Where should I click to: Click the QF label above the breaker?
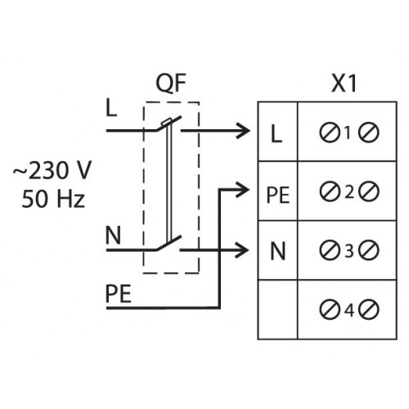[x=171, y=83]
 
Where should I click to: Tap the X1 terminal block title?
[x=344, y=83]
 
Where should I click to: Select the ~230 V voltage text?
[x=52, y=170]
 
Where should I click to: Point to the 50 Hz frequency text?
[x=53, y=199]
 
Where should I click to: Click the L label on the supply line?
[x=111, y=108]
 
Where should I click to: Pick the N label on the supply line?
[x=113, y=236]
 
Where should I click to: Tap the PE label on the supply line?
[x=119, y=294]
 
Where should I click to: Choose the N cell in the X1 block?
[x=278, y=251]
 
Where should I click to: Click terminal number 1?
[x=348, y=133]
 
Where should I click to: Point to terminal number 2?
[x=349, y=192]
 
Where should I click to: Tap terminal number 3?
[x=349, y=251]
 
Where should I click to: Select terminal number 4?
[x=349, y=310]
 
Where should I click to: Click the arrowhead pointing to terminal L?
[x=244, y=131]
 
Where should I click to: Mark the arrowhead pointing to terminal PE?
[x=243, y=190]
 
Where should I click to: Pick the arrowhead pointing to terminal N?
[x=242, y=249]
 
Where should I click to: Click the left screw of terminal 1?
[x=330, y=133]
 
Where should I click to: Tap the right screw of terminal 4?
[x=369, y=310]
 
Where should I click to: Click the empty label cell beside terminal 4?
[x=277, y=309]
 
